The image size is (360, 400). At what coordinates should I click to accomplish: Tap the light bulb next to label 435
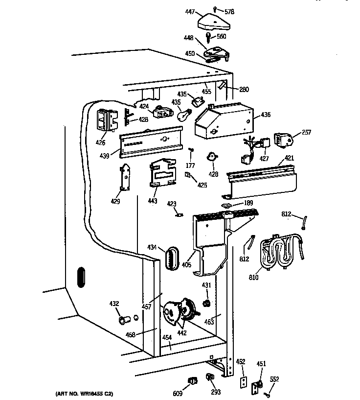tap(184, 114)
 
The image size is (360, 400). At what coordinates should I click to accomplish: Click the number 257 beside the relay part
tap(306, 132)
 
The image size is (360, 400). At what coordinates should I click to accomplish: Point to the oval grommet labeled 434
tap(171, 257)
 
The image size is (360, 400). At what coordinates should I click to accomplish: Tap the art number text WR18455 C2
tap(81, 394)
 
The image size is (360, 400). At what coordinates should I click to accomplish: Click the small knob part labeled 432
tap(123, 320)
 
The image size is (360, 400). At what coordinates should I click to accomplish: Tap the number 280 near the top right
tap(244, 90)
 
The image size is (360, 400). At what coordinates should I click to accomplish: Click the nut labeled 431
tap(207, 303)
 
